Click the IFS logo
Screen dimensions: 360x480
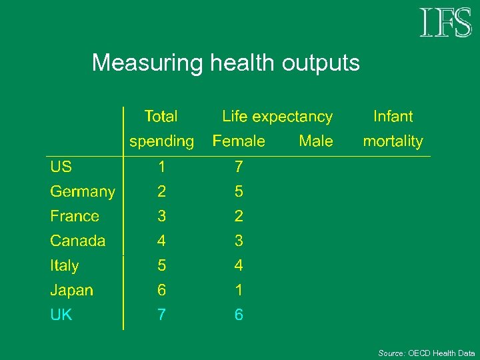(445, 23)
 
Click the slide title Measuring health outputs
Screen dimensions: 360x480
(225, 63)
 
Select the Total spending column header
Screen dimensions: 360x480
(161, 129)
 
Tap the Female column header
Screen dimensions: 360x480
(239, 141)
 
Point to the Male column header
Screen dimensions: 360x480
(316, 141)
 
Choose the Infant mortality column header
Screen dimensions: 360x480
(393, 129)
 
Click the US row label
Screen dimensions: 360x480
(61, 167)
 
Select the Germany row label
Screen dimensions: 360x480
(83, 192)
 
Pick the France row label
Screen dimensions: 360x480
(75, 216)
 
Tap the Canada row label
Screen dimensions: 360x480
(78, 241)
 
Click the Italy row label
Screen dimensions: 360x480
(65, 265)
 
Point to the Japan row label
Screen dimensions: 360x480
(72, 290)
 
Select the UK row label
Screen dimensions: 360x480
(61, 315)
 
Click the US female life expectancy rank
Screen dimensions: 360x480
(239, 167)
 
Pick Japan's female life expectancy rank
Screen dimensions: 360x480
(239, 290)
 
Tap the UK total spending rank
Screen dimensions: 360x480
(161, 315)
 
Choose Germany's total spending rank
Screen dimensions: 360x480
(161, 192)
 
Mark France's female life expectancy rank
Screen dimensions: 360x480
(239, 216)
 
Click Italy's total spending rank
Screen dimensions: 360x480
(161, 265)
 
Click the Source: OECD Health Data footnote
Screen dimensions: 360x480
(427, 353)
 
